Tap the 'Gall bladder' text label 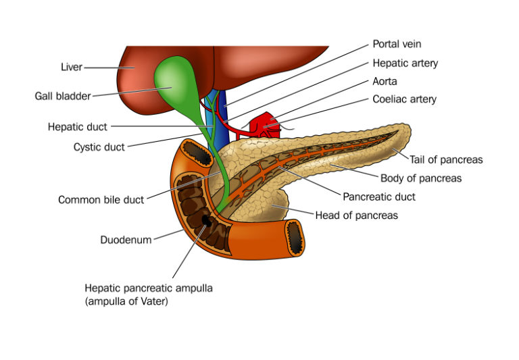tap(63, 96)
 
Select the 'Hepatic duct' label tap(77, 126)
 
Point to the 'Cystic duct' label tap(99, 147)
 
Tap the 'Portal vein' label tap(397, 44)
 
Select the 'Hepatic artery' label tap(405, 63)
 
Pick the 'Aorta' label tap(386, 81)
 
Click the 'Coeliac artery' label tap(404, 99)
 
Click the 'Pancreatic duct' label tap(379, 197)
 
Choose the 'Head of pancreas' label tap(357, 215)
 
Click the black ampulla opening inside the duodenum tap(205, 221)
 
